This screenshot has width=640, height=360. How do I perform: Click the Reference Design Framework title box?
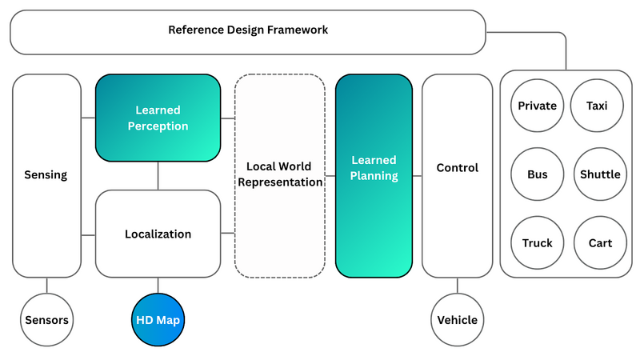click(248, 31)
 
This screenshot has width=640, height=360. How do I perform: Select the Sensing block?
click(46, 175)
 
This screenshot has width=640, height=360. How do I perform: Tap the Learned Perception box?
click(158, 117)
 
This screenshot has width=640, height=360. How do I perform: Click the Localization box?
click(158, 234)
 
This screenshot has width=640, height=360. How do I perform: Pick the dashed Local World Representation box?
click(279, 175)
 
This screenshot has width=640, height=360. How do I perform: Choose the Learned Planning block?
click(374, 175)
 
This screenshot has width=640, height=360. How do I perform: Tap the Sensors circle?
click(46, 320)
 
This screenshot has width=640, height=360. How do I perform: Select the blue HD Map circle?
click(158, 320)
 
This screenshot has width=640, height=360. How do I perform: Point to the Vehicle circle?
click(457, 320)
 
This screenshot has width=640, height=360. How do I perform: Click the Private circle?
click(537, 106)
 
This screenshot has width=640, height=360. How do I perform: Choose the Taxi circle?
click(596, 106)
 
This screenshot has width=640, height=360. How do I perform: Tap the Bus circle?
click(537, 174)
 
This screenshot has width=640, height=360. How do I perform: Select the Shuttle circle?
click(600, 174)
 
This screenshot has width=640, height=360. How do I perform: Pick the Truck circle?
click(537, 243)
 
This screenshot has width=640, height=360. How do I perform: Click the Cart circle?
click(600, 243)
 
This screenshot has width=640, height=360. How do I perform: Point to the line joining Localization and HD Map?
click(158, 285)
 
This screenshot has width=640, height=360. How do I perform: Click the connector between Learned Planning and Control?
click(417, 175)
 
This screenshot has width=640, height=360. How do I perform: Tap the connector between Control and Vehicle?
click(457, 285)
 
